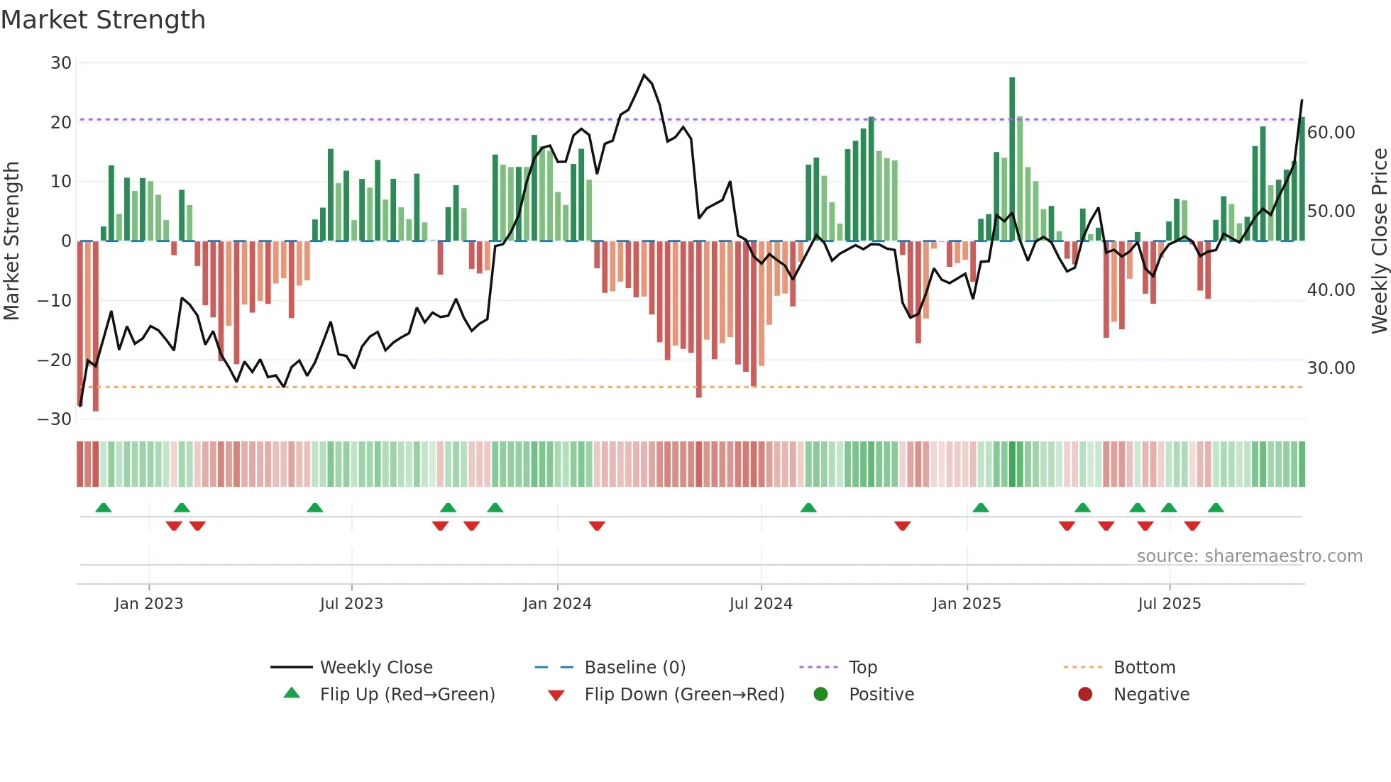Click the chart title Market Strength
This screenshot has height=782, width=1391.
[103, 20]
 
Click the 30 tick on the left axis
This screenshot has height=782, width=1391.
[61, 63]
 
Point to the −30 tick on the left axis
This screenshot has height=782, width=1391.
[55, 419]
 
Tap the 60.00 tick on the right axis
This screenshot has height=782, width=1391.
[1331, 133]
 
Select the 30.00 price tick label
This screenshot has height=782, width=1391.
[1331, 368]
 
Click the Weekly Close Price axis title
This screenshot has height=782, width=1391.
[1379, 241]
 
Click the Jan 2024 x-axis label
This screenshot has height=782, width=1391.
[557, 604]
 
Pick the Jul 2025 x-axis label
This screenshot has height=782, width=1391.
[1169, 604]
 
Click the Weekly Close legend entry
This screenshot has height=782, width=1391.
[375, 668]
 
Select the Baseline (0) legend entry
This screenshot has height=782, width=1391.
[634, 668]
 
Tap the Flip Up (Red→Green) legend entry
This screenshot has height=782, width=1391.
[407, 695]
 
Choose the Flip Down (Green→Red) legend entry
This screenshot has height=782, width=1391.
[684, 695]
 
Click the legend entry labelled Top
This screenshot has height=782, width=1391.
[862, 668]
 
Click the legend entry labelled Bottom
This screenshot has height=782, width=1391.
[1144, 668]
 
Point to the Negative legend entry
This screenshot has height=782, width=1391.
[1150, 695]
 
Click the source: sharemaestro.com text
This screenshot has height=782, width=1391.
[1249, 556]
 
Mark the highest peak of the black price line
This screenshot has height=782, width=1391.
[644, 75]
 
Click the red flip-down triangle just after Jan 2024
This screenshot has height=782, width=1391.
[597, 526]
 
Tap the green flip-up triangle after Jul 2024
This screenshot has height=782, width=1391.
[808, 507]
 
